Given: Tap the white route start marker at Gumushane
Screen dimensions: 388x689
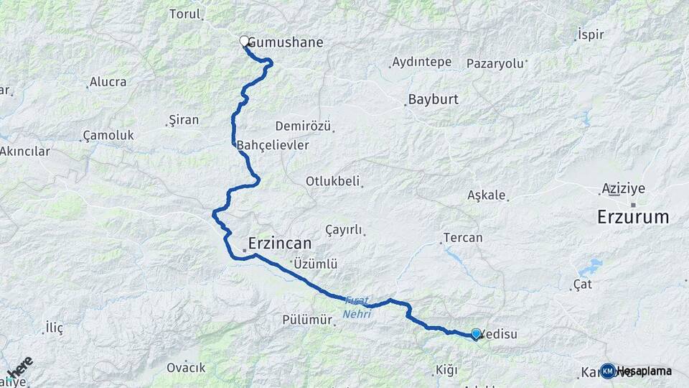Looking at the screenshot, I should tap(244, 42).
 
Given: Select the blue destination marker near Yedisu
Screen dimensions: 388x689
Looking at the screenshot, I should tap(475, 333).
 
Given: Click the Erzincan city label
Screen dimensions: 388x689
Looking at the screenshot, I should tap(280, 243).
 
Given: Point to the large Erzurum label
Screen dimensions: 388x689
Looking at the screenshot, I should tap(633, 216).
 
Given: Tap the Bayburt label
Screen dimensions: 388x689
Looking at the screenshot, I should tap(433, 99).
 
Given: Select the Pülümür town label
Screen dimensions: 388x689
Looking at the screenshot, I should tap(307, 320).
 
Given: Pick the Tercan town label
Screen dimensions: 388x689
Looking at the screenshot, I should tap(463, 238).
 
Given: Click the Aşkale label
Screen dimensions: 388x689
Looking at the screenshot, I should tap(487, 195).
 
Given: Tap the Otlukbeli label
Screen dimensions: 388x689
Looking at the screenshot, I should tap(332, 182).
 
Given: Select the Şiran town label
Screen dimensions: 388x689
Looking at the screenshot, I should tap(183, 120).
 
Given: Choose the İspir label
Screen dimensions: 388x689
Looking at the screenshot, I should tap(591, 34).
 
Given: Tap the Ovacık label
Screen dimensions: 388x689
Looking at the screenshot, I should tap(186, 367).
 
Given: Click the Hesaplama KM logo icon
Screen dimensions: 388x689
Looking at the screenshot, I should tap(608, 371).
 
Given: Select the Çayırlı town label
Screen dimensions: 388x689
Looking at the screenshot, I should tap(344, 229).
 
